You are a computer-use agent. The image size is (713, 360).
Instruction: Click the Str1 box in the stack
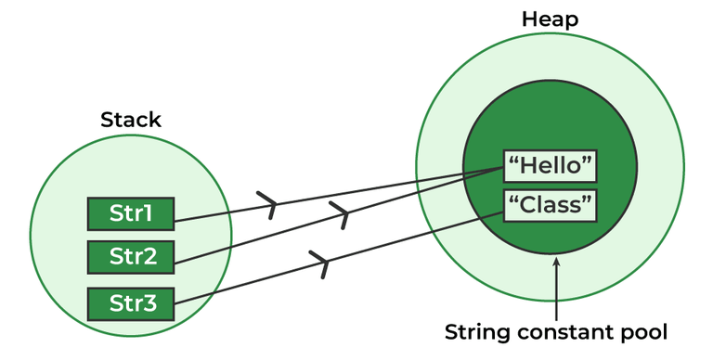point(131,214)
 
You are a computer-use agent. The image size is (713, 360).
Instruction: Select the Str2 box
point(131,256)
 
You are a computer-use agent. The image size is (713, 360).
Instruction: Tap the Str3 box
point(131,303)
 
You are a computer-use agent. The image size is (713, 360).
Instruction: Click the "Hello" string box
point(551,167)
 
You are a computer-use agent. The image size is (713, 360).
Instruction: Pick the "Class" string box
point(551,205)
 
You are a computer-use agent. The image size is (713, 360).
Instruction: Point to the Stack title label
point(130,120)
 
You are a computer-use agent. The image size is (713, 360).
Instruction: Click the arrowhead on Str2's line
point(344,215)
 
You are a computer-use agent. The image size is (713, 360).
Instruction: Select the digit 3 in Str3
point(154,303)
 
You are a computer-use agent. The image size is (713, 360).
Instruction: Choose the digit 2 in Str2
point(154,256)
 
